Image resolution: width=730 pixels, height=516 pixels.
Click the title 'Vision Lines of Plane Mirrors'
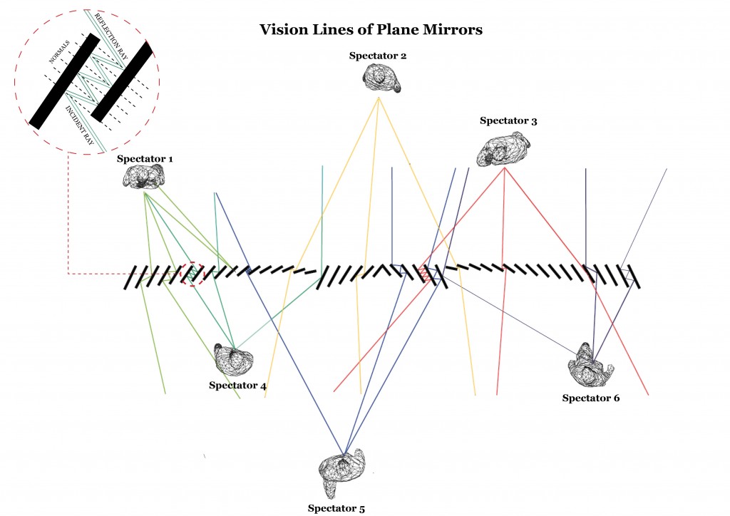(371, 30)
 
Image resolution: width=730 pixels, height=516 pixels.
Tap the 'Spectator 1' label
(145, 158)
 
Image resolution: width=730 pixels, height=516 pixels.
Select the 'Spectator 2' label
(378, 56)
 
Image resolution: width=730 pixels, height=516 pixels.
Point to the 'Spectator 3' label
(508, 121)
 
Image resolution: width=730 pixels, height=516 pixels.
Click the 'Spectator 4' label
(237, 386)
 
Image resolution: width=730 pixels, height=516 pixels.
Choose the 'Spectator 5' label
(336, 508)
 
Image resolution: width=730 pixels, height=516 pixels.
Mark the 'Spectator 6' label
(591, 398)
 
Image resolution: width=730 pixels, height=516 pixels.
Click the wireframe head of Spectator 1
(145, 176)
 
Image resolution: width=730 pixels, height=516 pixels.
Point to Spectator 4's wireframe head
(235, 360)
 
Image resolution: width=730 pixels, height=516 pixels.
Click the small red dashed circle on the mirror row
(192, 274)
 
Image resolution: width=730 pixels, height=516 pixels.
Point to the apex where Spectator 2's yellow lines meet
(379, 97)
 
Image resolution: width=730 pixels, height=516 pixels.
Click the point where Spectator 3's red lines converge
(504, 168)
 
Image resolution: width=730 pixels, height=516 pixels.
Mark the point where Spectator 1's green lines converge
(144, 192)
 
